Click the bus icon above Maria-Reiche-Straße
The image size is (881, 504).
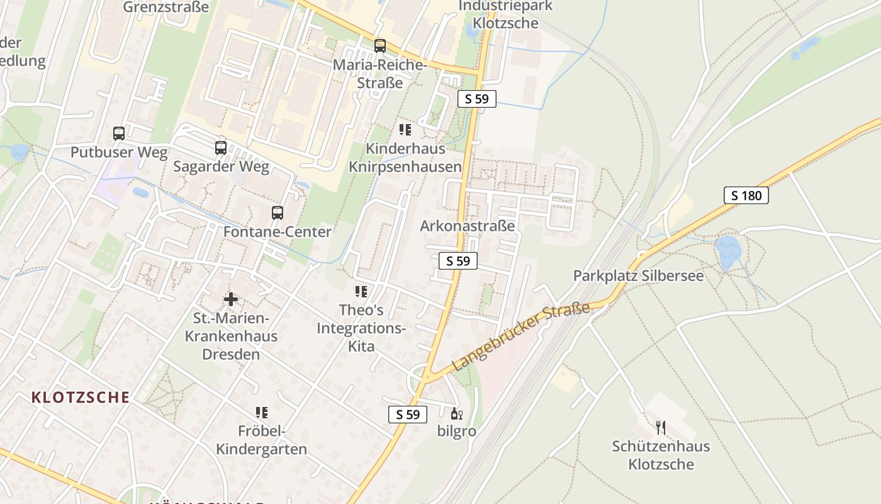pos(380,45)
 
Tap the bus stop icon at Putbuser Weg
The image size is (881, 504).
pos(119,134)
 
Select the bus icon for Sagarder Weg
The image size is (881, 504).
pos(221,148)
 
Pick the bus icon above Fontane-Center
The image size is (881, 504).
pos(278,213)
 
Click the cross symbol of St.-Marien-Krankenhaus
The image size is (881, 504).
pos(231,299)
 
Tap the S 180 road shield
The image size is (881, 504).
pos(746,195)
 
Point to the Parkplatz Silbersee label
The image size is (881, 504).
pos(638,276)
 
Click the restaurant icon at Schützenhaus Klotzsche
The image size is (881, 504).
pos(661,428)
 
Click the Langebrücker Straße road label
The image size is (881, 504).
pos(522,336)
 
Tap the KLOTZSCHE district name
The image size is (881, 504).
pos(81,398)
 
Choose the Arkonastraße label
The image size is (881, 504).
pos(468,226)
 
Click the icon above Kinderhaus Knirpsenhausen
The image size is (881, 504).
pos(405,130)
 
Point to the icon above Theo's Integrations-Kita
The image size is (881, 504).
pos(361,292)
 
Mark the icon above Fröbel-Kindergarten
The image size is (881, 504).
pos(262,413)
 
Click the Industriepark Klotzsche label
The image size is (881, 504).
pos(506,14)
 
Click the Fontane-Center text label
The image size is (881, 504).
pos(278,232)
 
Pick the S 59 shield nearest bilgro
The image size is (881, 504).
pos(408,414)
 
